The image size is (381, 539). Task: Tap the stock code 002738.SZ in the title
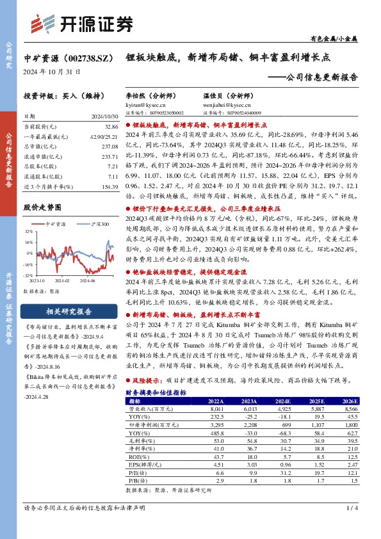pos(88,57)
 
